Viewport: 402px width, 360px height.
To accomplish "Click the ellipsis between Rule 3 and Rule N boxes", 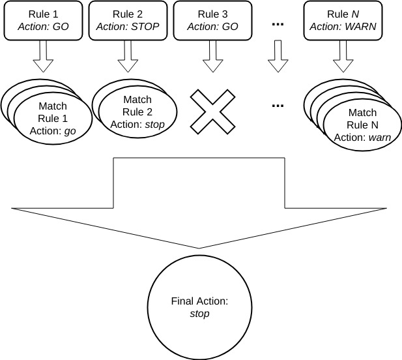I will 278,25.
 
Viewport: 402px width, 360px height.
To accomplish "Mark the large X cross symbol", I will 212,110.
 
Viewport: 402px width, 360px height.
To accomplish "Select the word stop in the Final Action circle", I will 199,314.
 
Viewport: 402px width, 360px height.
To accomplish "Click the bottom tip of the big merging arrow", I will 199,248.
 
